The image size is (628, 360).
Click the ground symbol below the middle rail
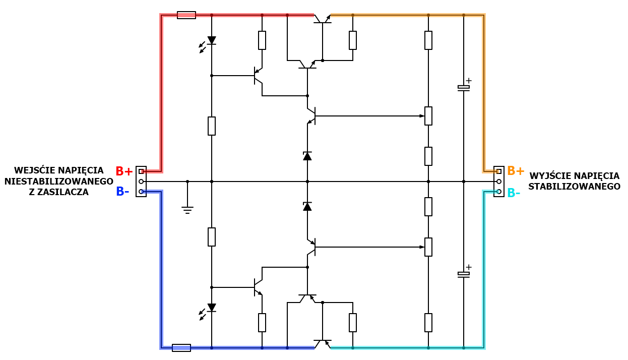(187, 209)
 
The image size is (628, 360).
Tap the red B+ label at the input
(124, 171)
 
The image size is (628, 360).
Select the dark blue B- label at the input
(122, 192)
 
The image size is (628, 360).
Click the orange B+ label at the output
(516, 171)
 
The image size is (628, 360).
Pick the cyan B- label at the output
(514, 193)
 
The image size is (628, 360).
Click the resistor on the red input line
(186, 15)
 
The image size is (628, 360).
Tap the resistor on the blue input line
(181, 347)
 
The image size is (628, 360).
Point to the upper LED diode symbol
(212, 40)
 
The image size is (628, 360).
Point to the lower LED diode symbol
(212, 308)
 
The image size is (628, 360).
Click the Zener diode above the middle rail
(307, 156)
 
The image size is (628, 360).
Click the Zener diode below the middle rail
(307, 206)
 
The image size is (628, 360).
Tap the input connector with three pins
(141, 182)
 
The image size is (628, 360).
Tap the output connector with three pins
(499, 182)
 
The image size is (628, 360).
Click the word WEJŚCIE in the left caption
(33, 170)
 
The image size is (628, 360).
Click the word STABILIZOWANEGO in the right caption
(574, 187)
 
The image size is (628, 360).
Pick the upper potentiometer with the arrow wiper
(428, 116)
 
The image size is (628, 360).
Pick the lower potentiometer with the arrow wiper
(428, 247)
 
